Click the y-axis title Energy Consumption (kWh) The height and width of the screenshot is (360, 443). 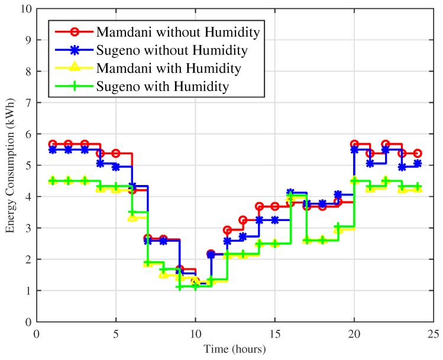[x=11, y=166]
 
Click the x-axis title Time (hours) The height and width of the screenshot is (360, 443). [x=235, y=349]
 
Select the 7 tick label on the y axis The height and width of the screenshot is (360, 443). [x=27, y=103]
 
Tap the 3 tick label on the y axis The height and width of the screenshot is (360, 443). [x=27, y=228]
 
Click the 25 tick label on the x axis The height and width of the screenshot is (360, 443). [x=434, y=333]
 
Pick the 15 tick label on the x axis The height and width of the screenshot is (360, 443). [x=274, y=333]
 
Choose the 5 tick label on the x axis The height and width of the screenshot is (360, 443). [x=116, y=333]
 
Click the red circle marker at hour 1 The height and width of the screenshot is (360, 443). [x=53, y=144]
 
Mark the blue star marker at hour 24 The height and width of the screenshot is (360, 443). [x=418, y=164]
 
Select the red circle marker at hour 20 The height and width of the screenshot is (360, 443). [x=354, y=144]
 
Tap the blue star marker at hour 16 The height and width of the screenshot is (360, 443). [x=290, y=193]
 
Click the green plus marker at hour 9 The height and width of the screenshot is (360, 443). [x=179, y=287]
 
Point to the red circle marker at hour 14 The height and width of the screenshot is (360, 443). [x=259, y=206]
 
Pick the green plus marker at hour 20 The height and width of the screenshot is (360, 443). [x=354, y=181]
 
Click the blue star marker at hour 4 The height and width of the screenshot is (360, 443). [x=100, y=163]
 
